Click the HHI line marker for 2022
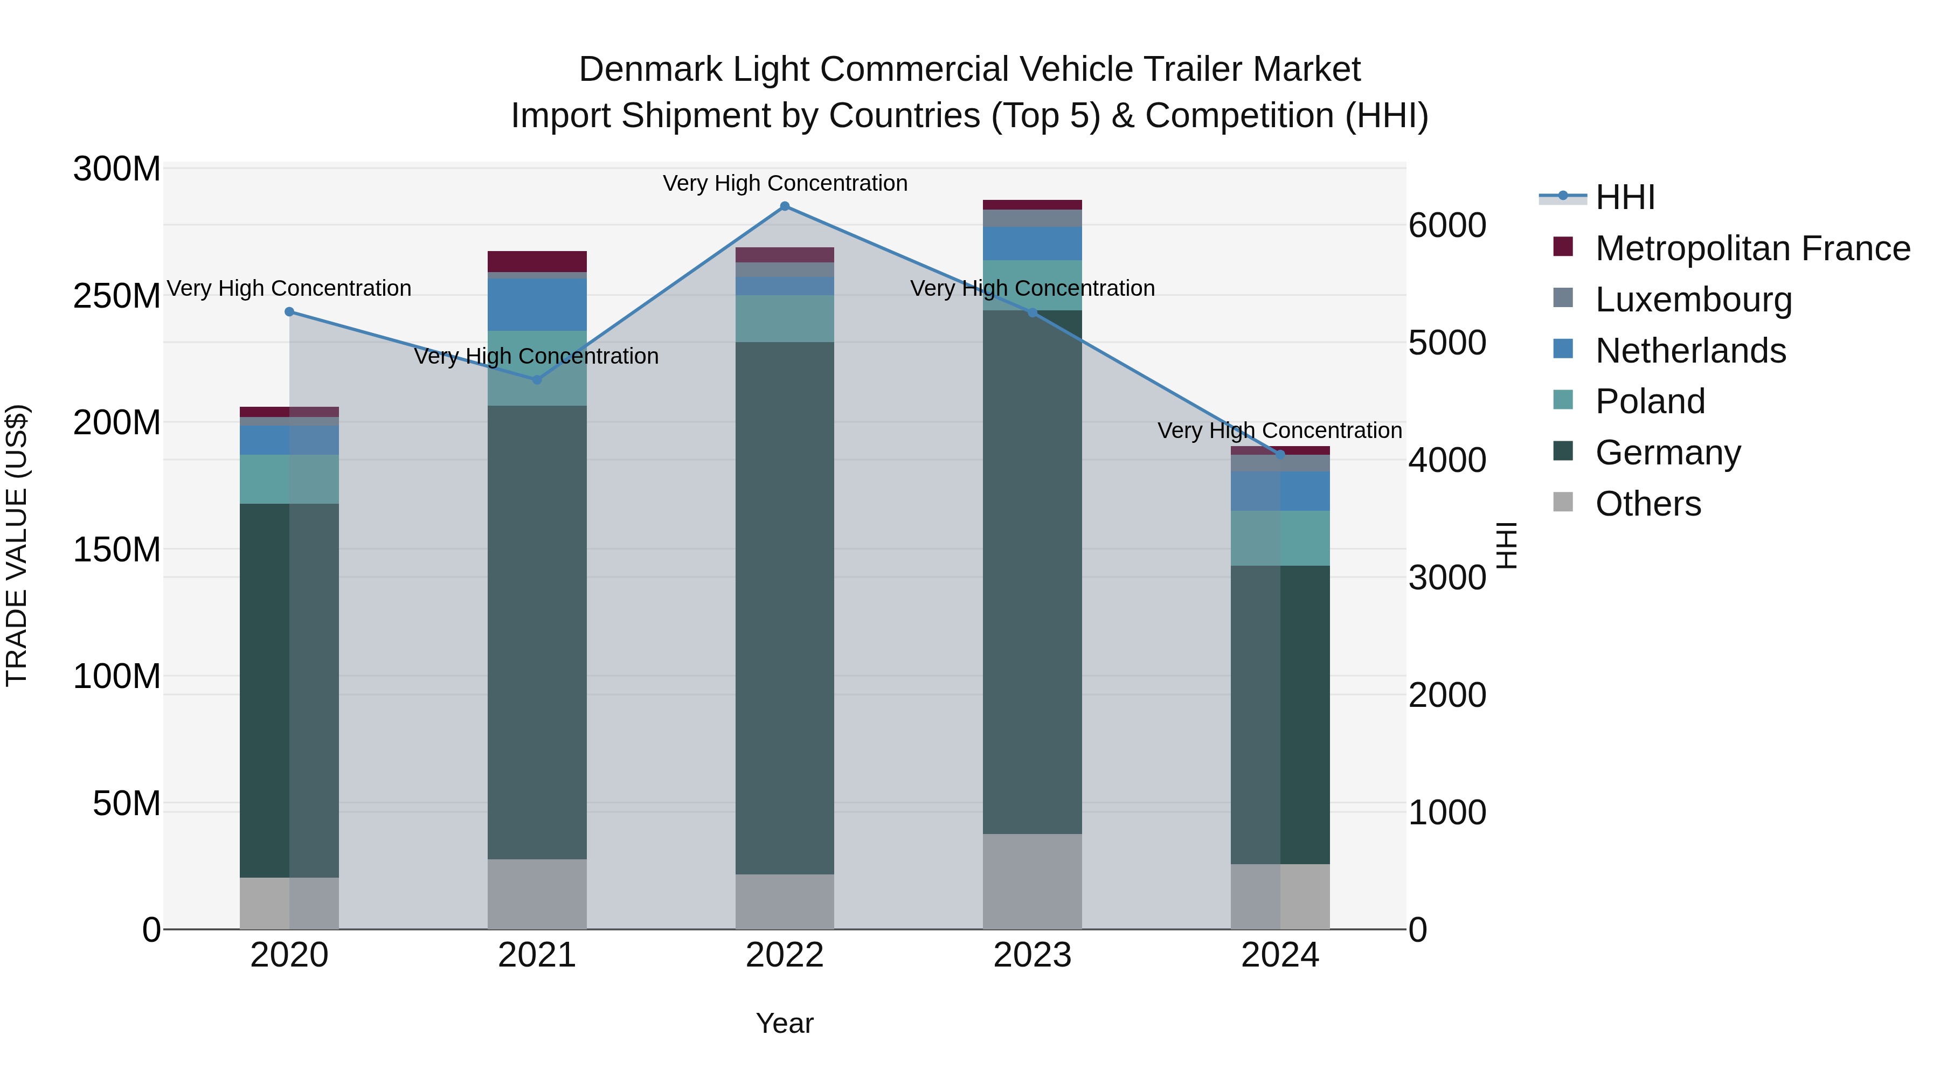click(x=785, y=206)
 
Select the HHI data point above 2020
click(x=289, y=312)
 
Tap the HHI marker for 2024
click(x=1280, y=455)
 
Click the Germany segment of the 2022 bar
click(x=785, y=608)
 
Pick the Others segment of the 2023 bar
click(x=1033, y=881)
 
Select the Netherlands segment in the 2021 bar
click(x=537, y=305)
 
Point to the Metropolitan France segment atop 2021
click(x=537, y=261)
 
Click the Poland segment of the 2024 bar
click(x=1280, y=538)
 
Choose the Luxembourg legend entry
click(x=1693, y=300)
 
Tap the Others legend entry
click(x=1648, y=504)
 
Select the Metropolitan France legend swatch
click(x=1563, y=247)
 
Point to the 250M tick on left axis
click(x=117, y=296)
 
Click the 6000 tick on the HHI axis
click(x=1447, y=225)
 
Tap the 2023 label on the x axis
click(x=1033, y=955)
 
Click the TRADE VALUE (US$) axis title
click(x=17, y=545)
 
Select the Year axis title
click(x=785, y=1023)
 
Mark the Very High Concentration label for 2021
click(x=536, y=356)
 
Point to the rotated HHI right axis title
click(x=1506, y=545)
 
